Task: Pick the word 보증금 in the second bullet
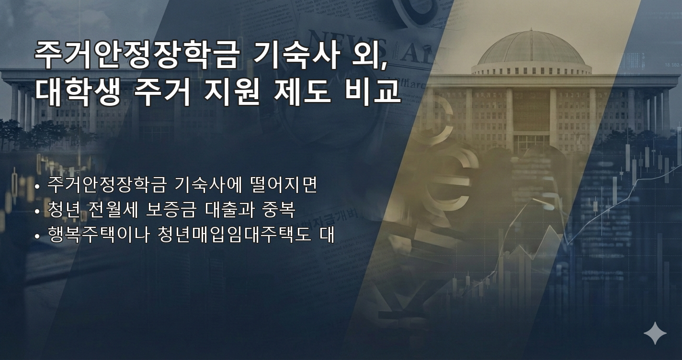(169, 210)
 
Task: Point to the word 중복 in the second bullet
(278, 210)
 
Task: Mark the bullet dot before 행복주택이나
(37, 236)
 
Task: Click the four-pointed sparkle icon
(655, 333)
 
